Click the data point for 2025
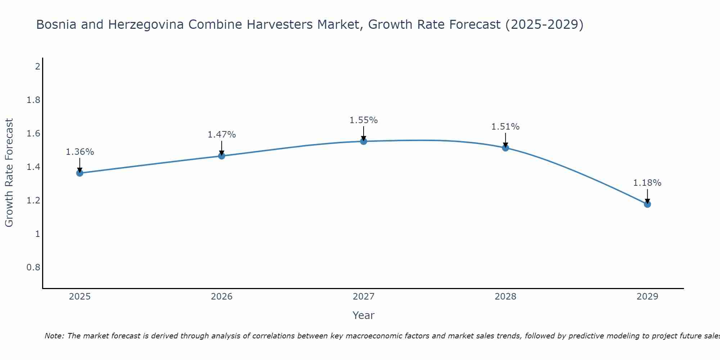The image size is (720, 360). tap(80, 173)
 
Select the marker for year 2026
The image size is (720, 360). tap(222, 156)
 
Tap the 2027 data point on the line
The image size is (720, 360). tap(364, 141)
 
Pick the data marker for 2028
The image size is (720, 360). tap(505, 148)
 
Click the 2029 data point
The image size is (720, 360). tap(647, 204)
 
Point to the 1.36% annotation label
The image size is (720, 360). tap(80, 152)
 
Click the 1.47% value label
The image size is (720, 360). tap(222, 135)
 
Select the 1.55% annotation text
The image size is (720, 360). tap(364, 120)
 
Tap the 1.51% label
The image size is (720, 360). tap(505, 127)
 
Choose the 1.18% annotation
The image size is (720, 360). tap(647, 183)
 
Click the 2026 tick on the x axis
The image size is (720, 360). tap(222, 297)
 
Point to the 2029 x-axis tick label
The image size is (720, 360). tap(647, 297)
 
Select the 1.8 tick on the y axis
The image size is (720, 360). tap(33, 100)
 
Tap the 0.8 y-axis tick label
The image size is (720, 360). tap(33, 267)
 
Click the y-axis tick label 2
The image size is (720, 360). tap(37, 67)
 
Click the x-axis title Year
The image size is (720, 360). tap(364, 315)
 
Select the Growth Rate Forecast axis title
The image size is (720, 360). tap(9, 173)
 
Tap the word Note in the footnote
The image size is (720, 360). tap(54, 336)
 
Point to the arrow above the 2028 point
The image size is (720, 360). tap(505, 140)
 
